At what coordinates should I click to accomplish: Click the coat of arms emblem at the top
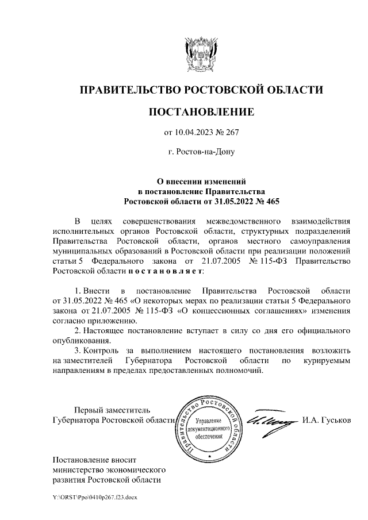point(200,54)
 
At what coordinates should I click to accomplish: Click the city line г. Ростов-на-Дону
point(201,153)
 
